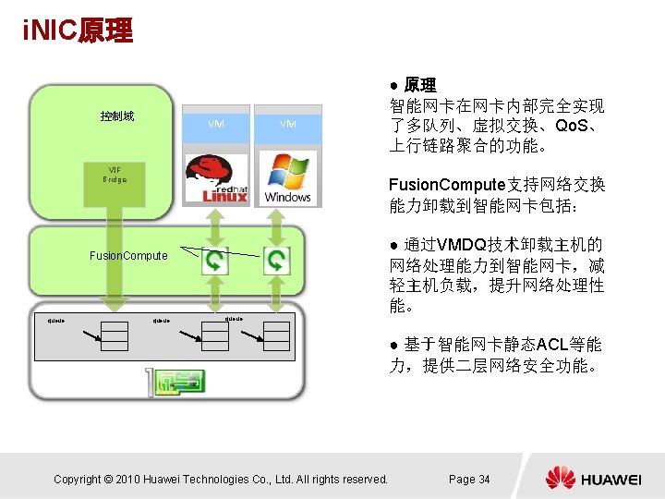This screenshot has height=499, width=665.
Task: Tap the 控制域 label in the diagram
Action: click(x=117, y=116)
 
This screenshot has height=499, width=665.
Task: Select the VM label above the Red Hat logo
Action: click(x=215, y=124)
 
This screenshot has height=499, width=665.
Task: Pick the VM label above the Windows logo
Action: click(x=288, y=124)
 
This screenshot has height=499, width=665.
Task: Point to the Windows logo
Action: click(x=287, y=177)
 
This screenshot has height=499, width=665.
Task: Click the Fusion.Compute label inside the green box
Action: click(x=128, y=255)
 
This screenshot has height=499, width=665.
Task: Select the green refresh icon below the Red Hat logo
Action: click(x=214, y=262)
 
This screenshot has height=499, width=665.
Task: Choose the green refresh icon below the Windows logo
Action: click(x=277, y=262)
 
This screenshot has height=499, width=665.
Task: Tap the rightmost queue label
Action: click(x=234, y=319)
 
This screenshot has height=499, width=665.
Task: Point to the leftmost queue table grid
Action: click(x=115, y=338)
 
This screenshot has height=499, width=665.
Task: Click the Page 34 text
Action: click(x=469, y=479)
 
